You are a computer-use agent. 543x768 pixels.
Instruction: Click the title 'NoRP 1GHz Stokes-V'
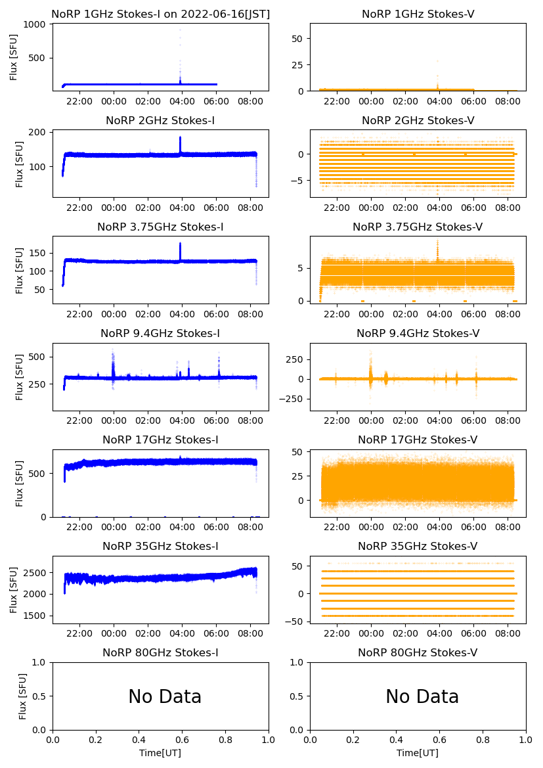click(x=418, y=14)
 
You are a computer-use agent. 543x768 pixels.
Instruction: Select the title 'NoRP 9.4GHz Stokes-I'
click(x=160, y=333)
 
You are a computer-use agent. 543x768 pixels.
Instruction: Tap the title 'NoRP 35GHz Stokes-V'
click(x=418, y=546)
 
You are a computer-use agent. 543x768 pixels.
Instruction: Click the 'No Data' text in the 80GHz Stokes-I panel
click(x=165, y=696)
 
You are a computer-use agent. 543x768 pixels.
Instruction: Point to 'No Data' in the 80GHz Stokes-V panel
click(x=422, y=696)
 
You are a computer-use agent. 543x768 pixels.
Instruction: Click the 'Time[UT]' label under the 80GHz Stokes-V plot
click(x=418, y=753)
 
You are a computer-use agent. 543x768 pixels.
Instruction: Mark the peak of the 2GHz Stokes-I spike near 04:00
click(x=180, y=137)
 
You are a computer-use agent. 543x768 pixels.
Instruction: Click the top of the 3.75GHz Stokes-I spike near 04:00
click(x=180, y=244)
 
